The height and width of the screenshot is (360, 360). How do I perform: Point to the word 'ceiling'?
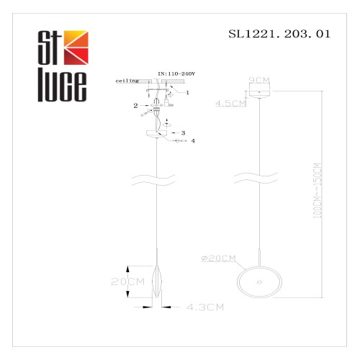(127, 82)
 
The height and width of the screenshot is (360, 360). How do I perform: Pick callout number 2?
(135, 105)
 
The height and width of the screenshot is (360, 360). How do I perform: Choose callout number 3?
(184, 133)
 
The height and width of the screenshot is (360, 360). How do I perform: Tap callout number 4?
(193, 142)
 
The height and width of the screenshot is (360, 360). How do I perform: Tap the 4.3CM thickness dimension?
(201, 307)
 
